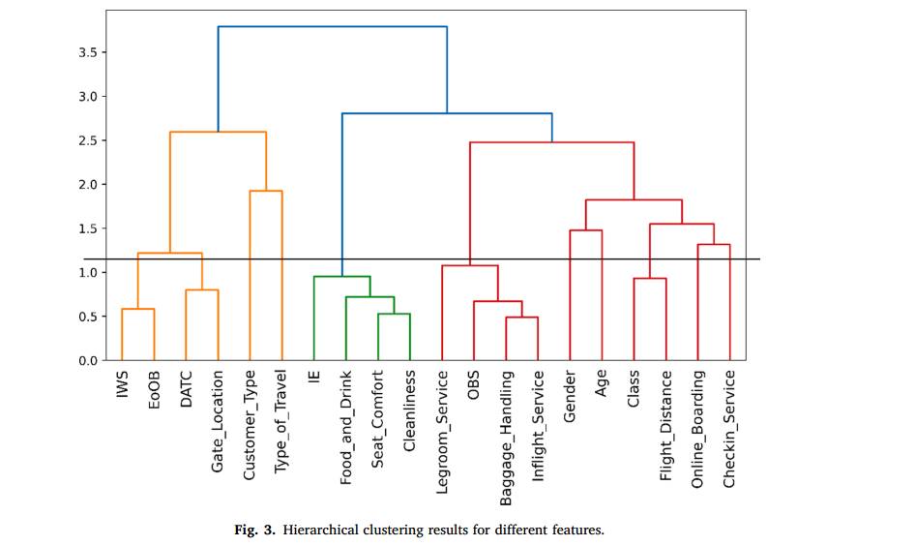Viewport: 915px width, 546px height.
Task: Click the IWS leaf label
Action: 122,383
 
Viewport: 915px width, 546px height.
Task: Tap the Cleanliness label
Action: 409,409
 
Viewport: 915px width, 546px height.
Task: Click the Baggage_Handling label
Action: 506,435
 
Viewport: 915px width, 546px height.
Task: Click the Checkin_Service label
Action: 729,427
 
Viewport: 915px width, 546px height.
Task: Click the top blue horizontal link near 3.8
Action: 332,27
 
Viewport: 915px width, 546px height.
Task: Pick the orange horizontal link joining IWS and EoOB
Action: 137,309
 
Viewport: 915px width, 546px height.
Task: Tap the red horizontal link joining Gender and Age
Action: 585,230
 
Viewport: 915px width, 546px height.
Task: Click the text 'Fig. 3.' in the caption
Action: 253,530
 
